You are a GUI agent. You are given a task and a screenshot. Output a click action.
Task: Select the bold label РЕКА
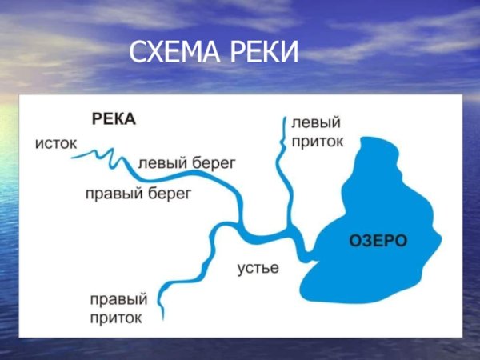pos(114,119)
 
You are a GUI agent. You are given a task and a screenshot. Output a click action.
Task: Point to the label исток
pos(55,144)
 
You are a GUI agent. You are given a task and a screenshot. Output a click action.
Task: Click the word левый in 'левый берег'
pos(164,162)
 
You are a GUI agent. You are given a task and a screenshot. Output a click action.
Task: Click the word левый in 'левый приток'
pos(316,124)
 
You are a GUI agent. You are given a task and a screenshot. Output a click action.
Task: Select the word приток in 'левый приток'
pos(318,142)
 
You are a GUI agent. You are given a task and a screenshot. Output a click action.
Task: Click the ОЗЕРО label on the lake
pos(379,239)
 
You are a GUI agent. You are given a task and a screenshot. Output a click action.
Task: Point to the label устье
pos(258,268)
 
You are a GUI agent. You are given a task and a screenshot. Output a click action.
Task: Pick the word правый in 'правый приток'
pos(118,300)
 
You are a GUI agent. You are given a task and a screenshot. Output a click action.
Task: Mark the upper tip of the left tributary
pos(284,118)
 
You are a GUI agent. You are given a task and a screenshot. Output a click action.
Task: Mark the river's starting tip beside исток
pos(72,157)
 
